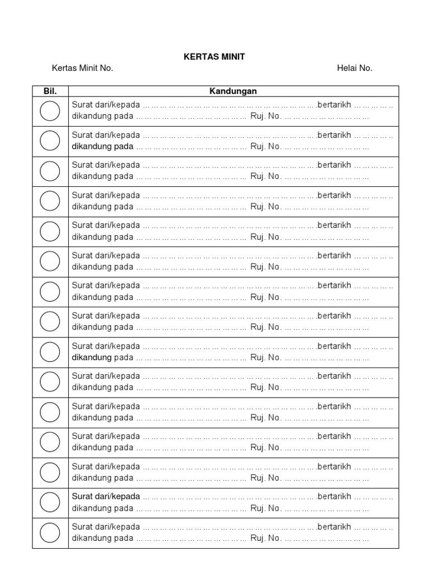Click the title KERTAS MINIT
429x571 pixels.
point(214,57)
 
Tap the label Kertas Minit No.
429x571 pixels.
point(82,69)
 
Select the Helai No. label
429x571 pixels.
point(354,69)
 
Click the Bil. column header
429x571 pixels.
point(50,91)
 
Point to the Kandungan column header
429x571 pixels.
point(233,91)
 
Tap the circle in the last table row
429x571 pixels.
point(50,533)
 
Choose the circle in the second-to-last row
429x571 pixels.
point(50,503)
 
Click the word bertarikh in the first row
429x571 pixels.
point(334,105)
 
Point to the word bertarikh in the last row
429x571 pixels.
point(334,527)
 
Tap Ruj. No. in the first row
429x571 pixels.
point(265,117)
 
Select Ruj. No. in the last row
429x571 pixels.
point(265,538)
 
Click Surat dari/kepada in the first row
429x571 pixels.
point(106,105)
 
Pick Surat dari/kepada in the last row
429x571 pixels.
point(106,527)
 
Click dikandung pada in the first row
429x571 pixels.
point(103,117)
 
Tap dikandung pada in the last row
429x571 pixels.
point(103,538)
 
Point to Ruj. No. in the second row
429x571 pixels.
point(265,147)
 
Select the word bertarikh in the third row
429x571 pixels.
point(334,166)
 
